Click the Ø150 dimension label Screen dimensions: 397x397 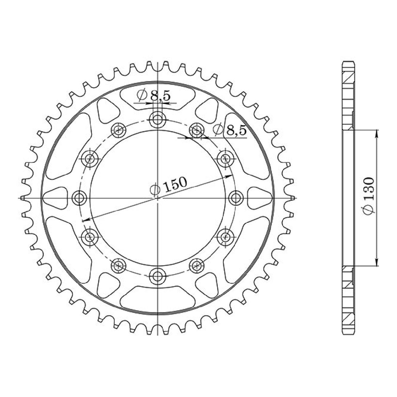pyautogui.click(x=168, y=187)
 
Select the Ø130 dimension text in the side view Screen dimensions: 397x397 pyautogui.click(x=368, y=196)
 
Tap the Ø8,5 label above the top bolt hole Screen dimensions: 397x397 pyautogui.click(x=154, y=96)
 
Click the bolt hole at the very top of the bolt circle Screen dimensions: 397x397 pyautogui.click(x=158, y=119)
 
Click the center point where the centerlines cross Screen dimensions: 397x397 pyautogui.click(x=158, y=198)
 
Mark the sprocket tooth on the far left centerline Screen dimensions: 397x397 pyautogui.click(x=22, y=198)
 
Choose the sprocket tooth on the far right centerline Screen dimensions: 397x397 pyautogui.click(x=293, y=198)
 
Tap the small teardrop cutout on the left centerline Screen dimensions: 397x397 pyautogui.click(x=56, y=198)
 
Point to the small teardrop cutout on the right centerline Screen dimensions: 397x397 pyautogui.click(x=260, y=198)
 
